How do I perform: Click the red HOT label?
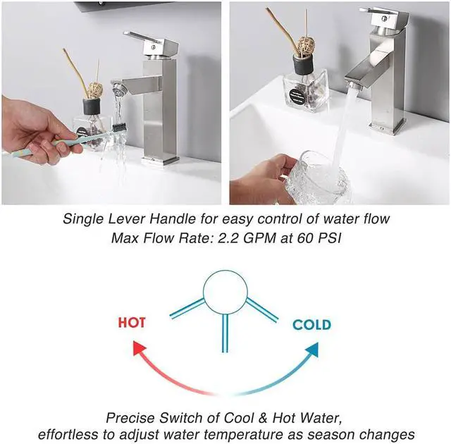point(132,322)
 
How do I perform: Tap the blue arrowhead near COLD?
point(311,349)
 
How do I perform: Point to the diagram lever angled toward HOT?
point(187,308)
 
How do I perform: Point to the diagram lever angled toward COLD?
point(262,309)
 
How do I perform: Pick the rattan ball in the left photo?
point(94,90)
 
